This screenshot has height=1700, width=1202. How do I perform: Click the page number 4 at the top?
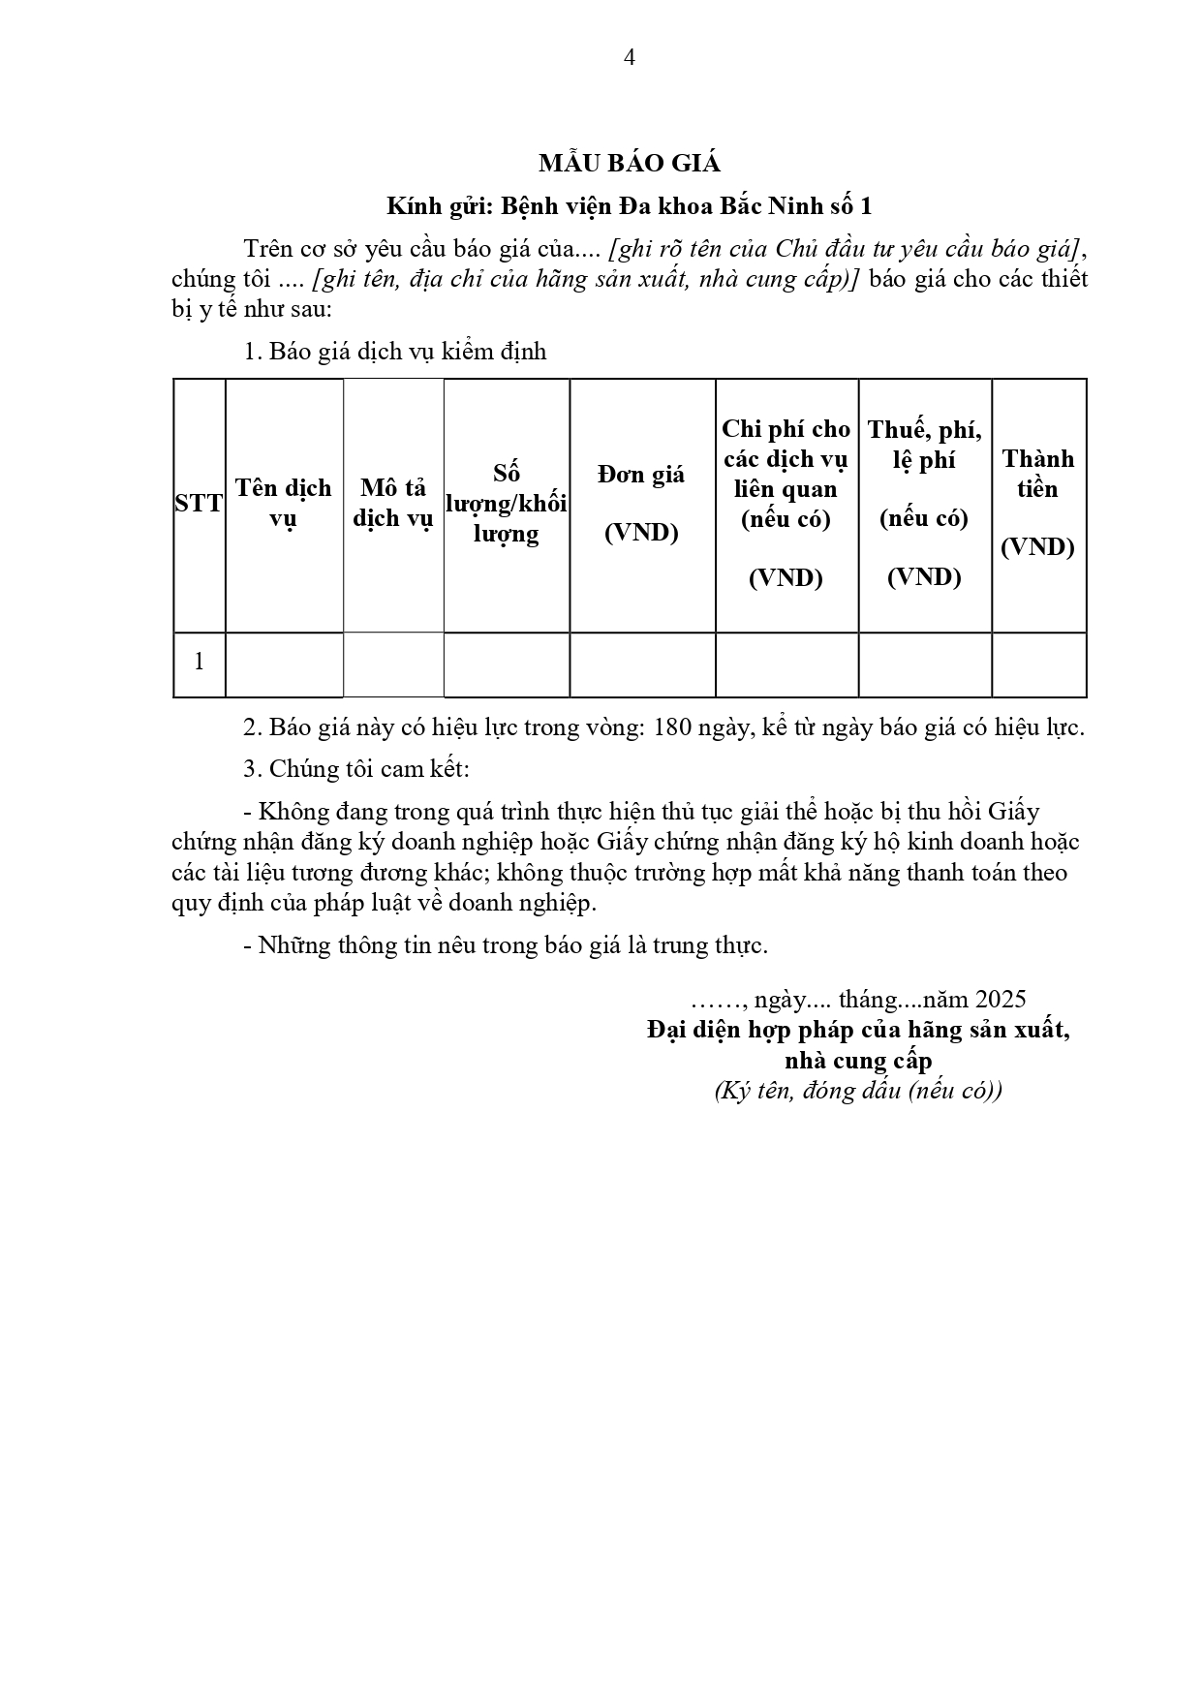[x=630, y=57]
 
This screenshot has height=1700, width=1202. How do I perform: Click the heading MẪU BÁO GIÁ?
[x=630, y=164]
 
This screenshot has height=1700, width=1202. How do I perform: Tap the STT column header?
[x=199, y=504]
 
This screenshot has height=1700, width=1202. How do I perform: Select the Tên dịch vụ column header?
[x=284, y=503]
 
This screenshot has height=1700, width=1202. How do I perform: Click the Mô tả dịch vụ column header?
[x=392, y=503]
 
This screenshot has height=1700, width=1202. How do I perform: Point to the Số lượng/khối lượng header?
[x=506, y=504]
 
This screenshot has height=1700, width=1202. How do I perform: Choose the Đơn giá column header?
[x=641, y=503]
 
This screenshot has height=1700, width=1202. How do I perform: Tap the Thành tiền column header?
[x=1037, y=503]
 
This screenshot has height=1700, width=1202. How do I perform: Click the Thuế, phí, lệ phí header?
[x=924, y=503]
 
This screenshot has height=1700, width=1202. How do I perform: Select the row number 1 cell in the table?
[x=199, y=663]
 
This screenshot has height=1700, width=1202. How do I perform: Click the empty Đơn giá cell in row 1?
[x=641, y=665]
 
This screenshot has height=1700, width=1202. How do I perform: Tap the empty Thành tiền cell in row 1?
[x=1038, y=665]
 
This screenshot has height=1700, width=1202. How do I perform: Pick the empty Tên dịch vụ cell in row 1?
[x=284, y=665]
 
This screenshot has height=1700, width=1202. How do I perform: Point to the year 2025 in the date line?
[x=1001, y=999]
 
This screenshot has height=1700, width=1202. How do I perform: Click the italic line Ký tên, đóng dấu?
[x=857, y=1091]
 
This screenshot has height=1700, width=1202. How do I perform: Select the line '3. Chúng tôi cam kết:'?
[x=356, y=769]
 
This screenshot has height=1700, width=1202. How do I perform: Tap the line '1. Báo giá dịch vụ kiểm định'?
[x=395, y=351]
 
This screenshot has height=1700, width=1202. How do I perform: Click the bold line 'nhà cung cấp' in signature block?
[x=857, y=1060]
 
